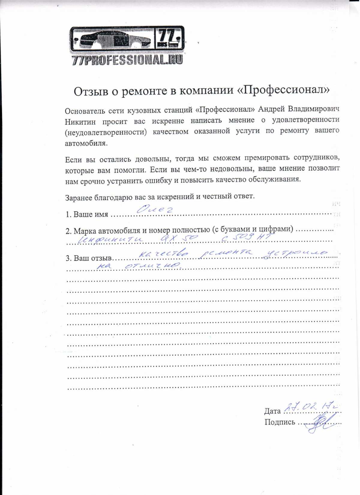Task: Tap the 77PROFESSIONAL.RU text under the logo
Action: [127, 60]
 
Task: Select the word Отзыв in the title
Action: [91, 91]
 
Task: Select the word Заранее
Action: [79, 198]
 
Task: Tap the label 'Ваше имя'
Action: [91, 214]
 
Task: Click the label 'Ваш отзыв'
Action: [92, 258]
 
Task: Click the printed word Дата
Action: [272, 411]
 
